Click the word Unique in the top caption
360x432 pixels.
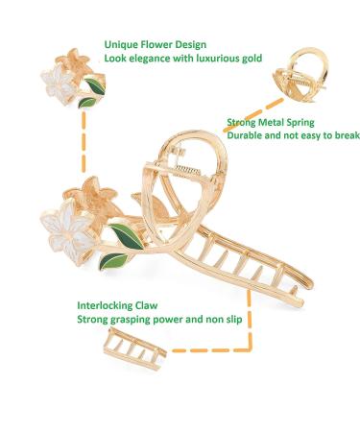pyautogui.click(x=120, y=45)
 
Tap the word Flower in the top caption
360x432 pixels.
pyautogui.click(x=158, y=45)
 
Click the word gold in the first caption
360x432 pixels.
pyautogui.click(x=254, y=60)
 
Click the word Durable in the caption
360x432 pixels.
pyautogui.click(x=248, y=136)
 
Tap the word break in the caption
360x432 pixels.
pyautogui.click(x=343, y=136)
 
